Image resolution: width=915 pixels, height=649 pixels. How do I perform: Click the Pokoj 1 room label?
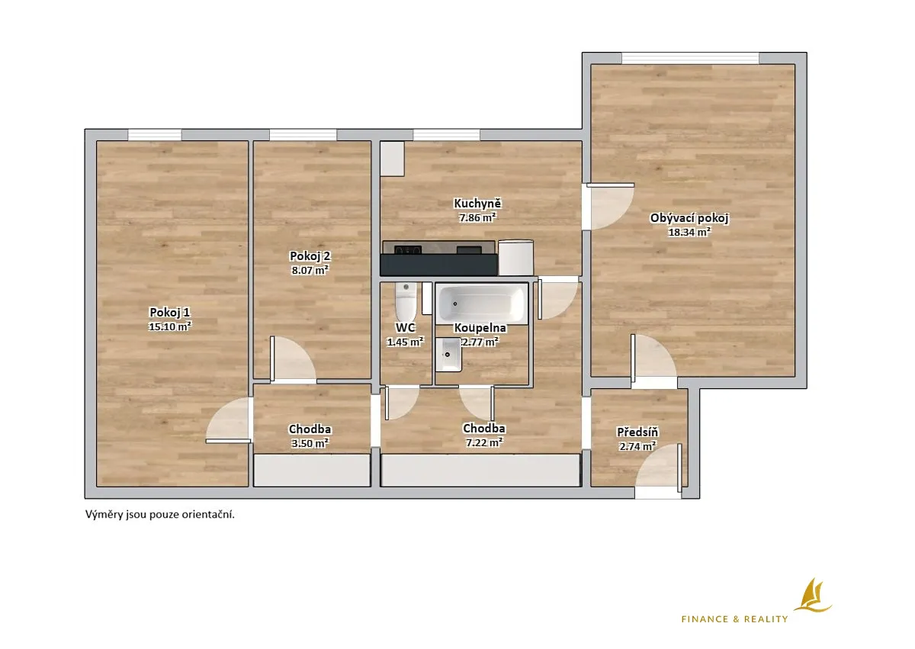click(x=169, y=313)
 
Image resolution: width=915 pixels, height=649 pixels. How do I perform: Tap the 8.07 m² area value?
click(x=310, y=270)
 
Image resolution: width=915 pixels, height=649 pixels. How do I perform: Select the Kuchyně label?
click(x=477, y=204)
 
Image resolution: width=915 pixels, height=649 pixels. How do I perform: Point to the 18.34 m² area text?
click(x=689, y=232)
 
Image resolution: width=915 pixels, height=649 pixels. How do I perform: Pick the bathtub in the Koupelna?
click(x=482, y=304)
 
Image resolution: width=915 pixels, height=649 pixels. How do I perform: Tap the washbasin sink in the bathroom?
click(x=448, y=355)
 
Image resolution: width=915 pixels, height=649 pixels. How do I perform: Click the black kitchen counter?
click(x=438, y=265)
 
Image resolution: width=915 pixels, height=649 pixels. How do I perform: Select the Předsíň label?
click(x=637, y=432)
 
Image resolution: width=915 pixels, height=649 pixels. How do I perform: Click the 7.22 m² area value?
click(x=484, y=442)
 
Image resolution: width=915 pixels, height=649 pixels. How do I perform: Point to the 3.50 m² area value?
click(x=310, y=443)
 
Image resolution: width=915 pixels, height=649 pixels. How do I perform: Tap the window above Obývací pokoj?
click(x=690, y=58)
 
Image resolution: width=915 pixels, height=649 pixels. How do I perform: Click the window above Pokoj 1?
click(x=154, y=135)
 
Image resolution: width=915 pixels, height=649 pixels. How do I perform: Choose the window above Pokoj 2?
click(x=303, y=135)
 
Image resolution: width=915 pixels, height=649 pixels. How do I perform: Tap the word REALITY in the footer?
click(x=766, y=619)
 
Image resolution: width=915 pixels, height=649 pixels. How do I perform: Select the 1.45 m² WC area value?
click(x=405, y=342)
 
